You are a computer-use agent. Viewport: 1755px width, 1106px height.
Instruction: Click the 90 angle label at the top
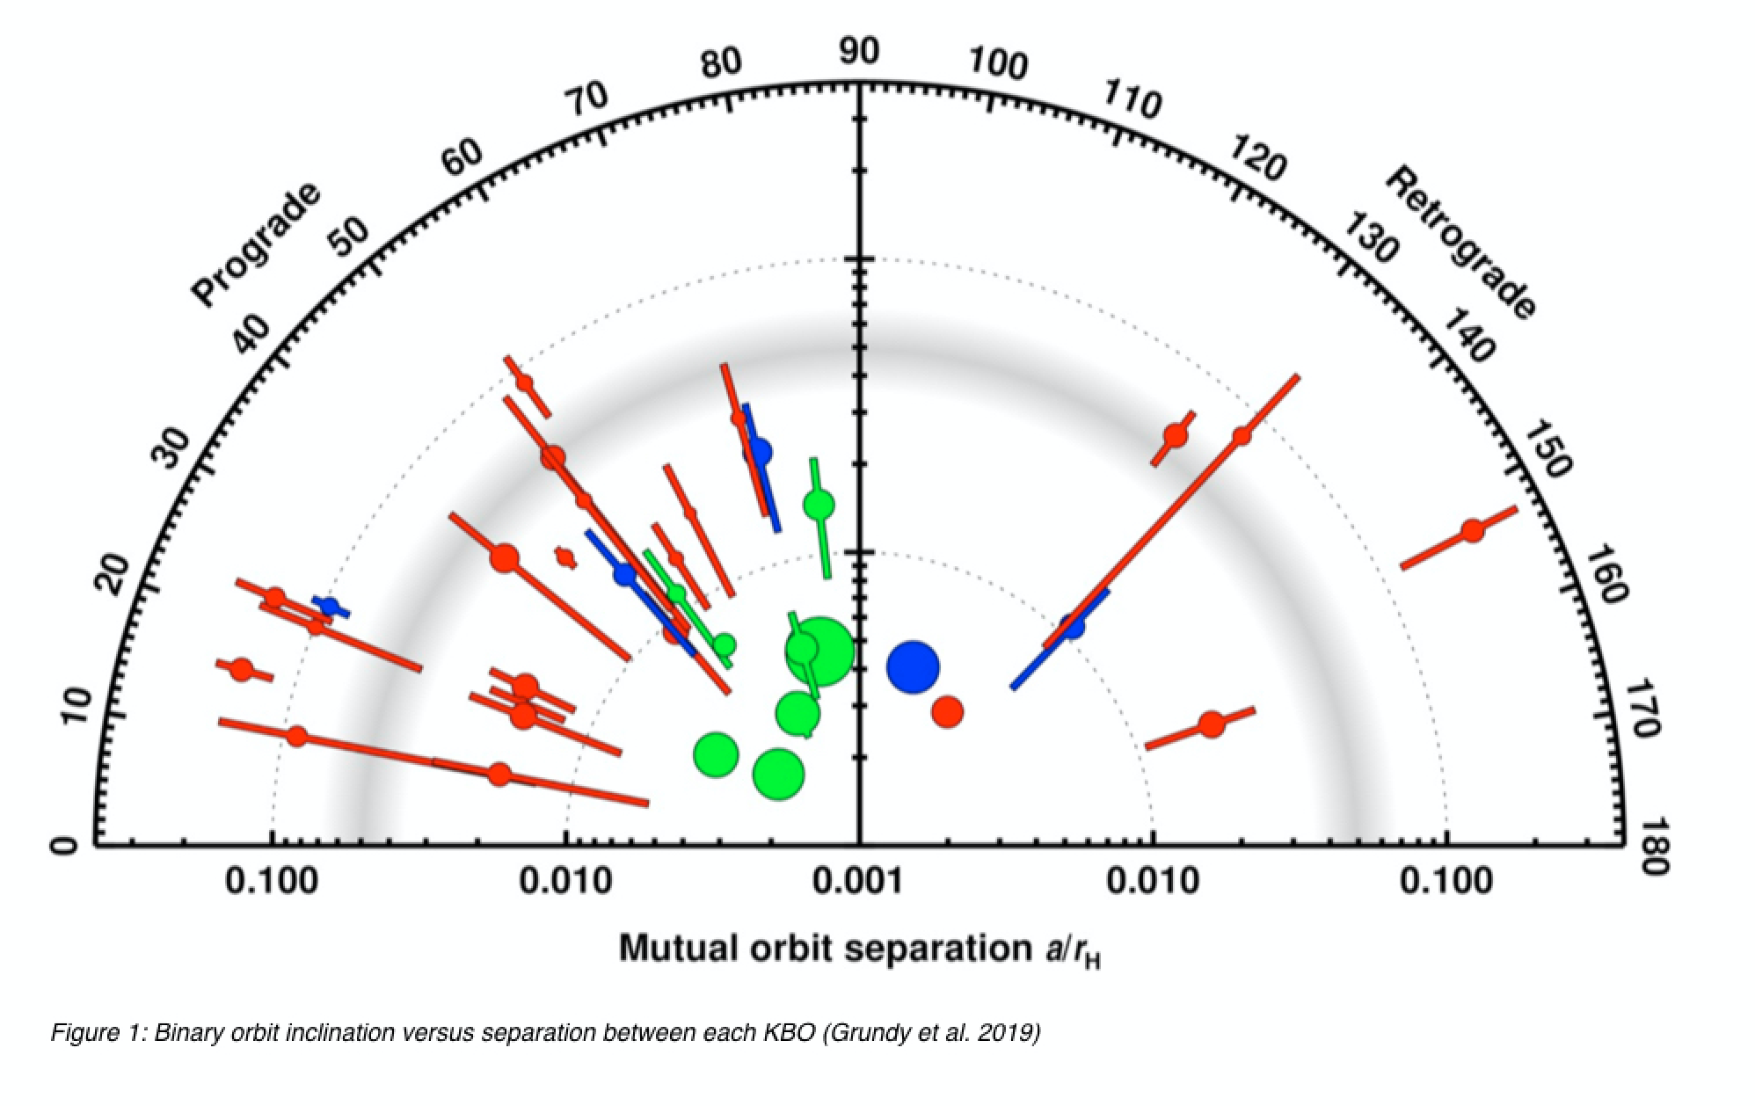click(857, 53)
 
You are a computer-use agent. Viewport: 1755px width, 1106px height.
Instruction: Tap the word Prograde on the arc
click(256, 246)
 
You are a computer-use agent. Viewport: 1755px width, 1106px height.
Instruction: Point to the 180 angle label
click(1655, 846)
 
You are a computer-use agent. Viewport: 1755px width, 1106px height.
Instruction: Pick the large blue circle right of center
click(913, 667)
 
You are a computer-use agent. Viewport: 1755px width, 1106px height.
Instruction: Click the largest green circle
click(819, 651)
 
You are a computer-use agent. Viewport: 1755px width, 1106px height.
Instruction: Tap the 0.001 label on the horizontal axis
click(859, 880)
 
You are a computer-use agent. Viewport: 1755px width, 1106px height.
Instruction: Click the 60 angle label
click(462, 158)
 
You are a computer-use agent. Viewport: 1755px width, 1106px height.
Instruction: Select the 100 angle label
click(998, 66)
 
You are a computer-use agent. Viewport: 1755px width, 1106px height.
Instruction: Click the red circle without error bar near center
click(947, 711)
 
